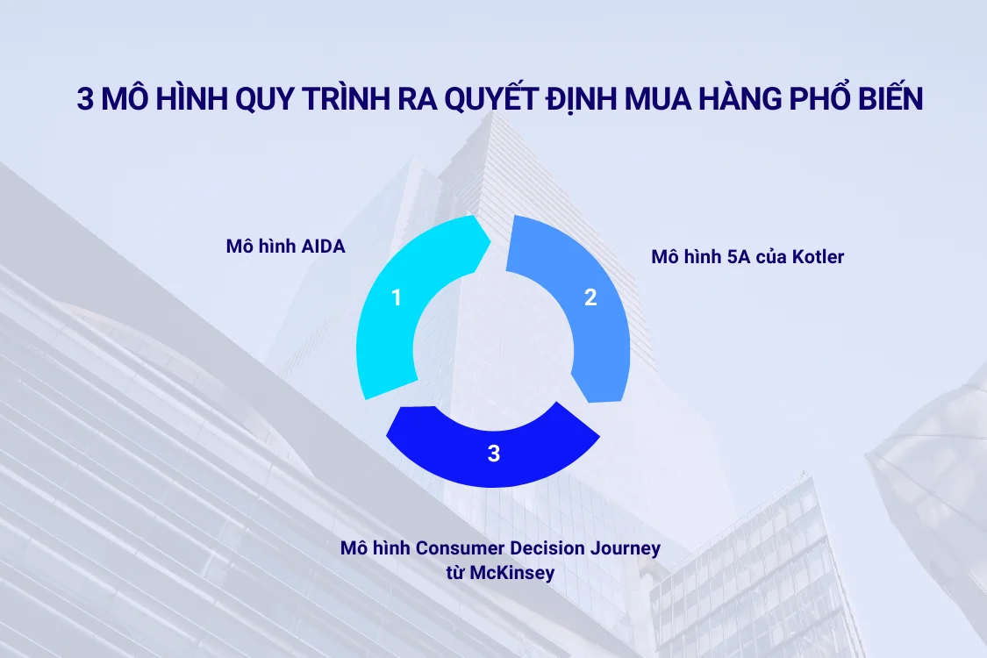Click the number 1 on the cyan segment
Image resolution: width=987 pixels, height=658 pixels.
[397, 298]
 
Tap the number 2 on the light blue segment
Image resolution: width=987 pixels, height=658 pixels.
[590, 297]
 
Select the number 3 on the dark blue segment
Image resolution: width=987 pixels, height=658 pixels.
[494, 454]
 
